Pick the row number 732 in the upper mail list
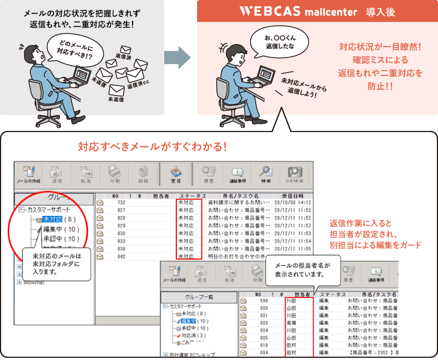pos(121,202)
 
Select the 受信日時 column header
pos(293,195)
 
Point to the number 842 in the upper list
pos(121,256)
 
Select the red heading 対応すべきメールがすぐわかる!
pos(152,147)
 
